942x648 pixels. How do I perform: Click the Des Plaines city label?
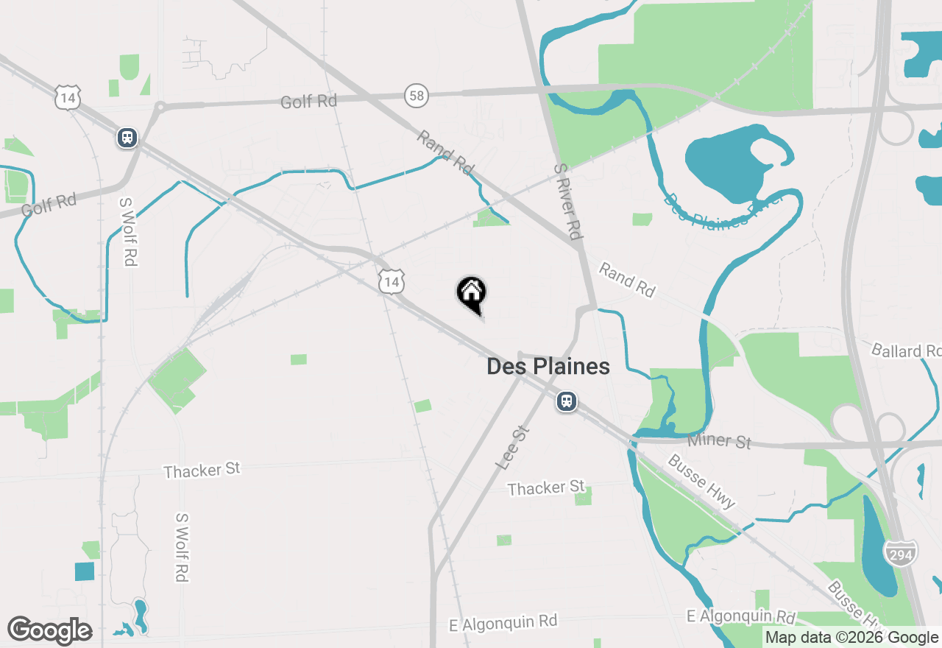[548, 366]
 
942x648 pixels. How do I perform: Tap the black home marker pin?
[472, 294]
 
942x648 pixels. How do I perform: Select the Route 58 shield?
[416, 95]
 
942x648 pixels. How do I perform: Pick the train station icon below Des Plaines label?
[566, 401]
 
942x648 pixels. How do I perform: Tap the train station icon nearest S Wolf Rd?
[127, 137]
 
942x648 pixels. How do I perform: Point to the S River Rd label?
[567, 201]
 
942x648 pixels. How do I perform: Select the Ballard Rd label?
[905, 351]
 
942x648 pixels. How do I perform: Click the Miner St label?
[719, 441]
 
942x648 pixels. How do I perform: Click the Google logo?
[49, 630]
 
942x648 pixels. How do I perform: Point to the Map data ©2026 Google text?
[851, 638]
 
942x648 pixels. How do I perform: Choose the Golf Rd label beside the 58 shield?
[308, 101]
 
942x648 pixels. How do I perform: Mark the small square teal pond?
[85, 571]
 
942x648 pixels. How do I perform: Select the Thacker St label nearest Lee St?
[546, 487]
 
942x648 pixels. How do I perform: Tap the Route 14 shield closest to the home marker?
[392, 281]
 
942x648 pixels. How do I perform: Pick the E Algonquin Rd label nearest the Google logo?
[503, 622]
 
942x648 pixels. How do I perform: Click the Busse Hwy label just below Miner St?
[701, 482]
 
